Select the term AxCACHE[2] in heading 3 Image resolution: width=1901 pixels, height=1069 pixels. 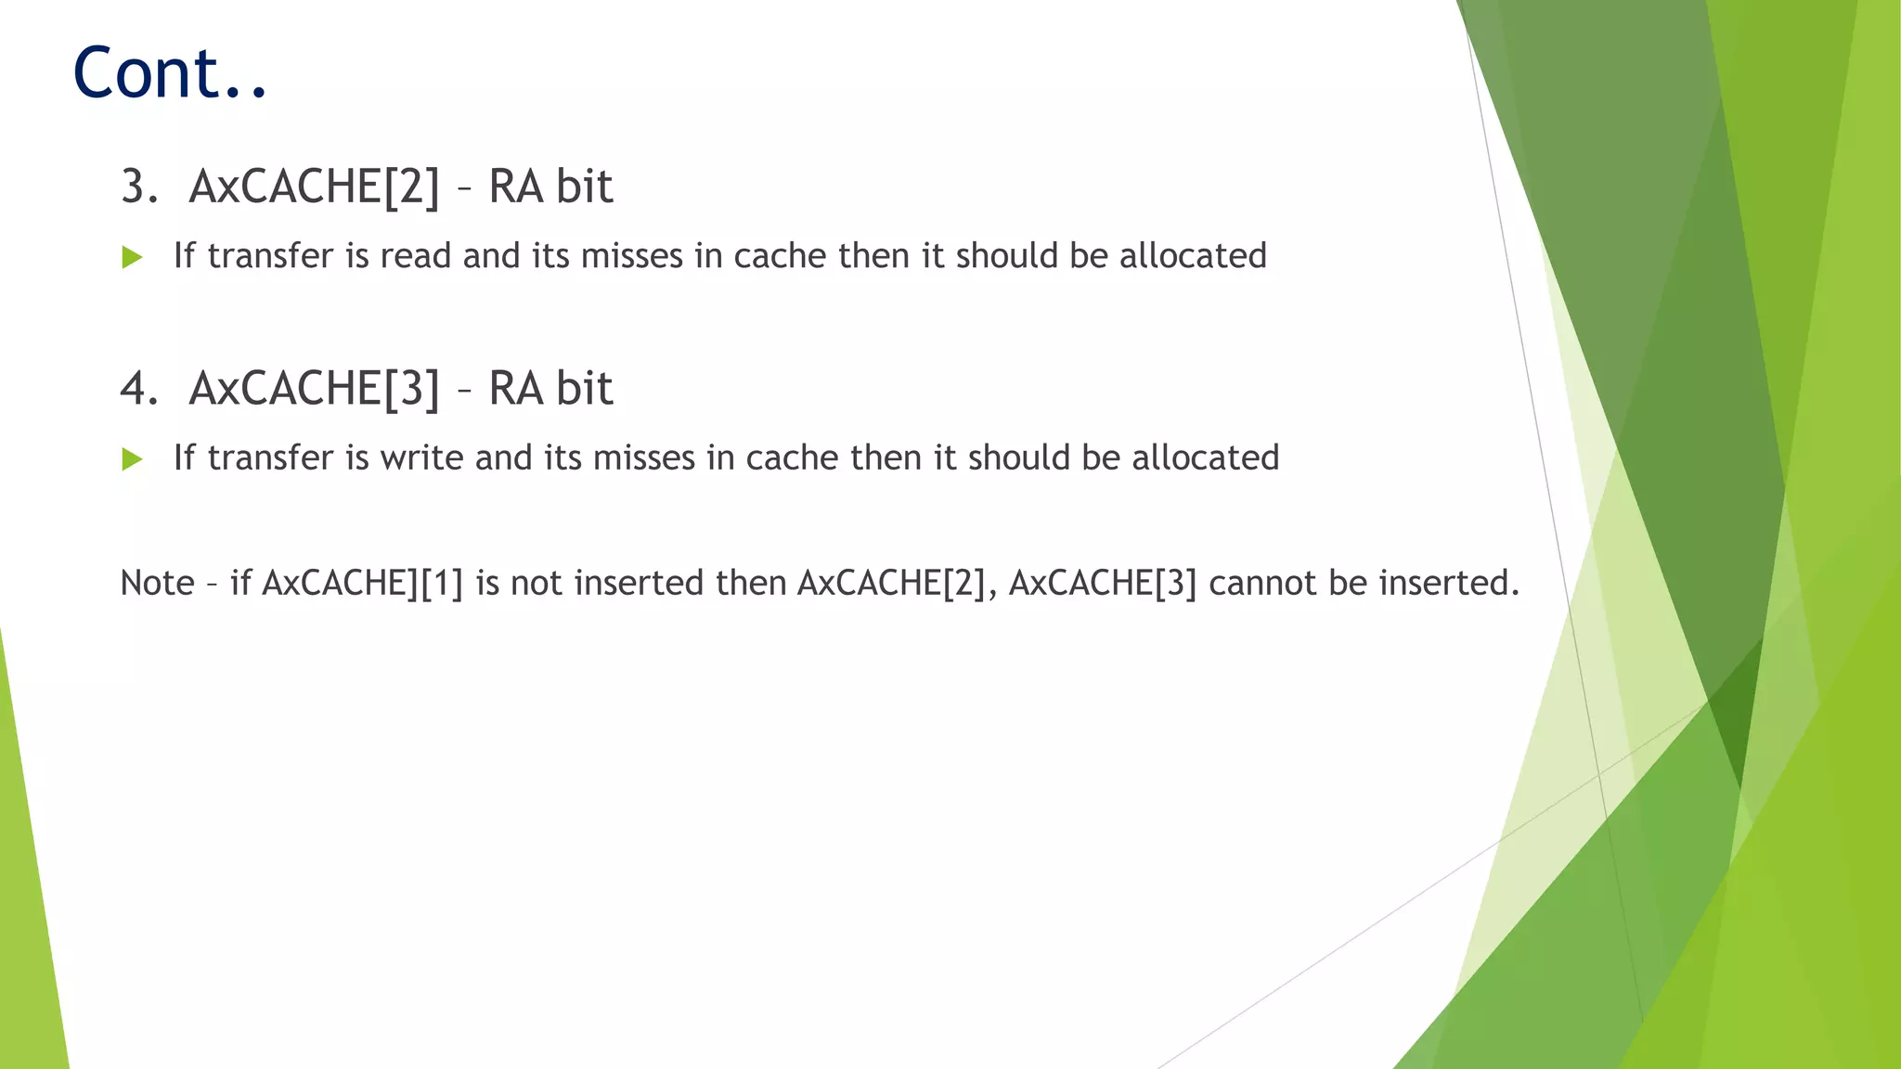(314, 187)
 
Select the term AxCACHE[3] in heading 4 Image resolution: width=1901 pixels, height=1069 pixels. (314, 388)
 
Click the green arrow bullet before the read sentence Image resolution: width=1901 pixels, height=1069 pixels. (132, 257)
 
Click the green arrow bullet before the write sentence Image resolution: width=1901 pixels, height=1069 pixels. (132, 458)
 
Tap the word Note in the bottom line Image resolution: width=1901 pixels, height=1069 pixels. (157, 583)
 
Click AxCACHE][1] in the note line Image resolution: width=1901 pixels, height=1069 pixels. (363, 583)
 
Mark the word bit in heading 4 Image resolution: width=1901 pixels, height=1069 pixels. (584, 388)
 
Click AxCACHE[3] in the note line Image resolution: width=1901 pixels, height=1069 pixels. (1103, 583)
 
